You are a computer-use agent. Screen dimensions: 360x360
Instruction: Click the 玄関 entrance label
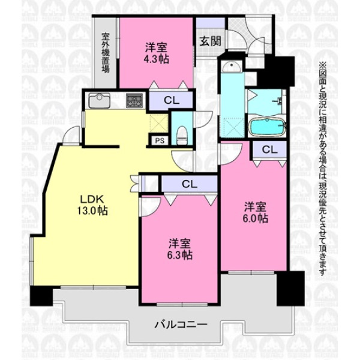coord(211,41)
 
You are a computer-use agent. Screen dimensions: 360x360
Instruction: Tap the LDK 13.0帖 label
coord(92,205)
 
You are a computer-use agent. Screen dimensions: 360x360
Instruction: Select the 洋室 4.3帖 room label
coord(156,53)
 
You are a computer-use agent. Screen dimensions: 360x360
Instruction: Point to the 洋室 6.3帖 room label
coord(179,250)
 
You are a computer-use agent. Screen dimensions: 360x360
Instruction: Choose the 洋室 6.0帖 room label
coord(255,212)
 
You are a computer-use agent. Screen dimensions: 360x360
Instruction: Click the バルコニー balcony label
coord(181,325)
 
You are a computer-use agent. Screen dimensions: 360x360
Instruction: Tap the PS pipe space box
coord(160,140)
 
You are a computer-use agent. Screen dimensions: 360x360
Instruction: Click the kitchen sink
coord(99,100)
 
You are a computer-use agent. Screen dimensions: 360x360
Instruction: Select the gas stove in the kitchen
coord(134,101)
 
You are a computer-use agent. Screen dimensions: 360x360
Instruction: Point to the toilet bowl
coord(182,136)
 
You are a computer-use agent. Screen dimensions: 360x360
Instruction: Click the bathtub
coord(268,127)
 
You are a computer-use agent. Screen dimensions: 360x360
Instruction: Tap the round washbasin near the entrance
coord(232,67)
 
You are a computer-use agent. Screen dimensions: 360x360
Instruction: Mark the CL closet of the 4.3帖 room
coord(171,100)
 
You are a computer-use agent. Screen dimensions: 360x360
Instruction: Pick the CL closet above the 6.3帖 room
coord(190,184)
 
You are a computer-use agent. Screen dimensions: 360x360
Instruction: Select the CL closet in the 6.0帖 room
coord(270,149)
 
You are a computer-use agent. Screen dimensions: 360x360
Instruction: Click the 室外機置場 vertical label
coord(106,53)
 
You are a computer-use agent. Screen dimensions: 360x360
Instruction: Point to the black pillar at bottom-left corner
coord(41,296)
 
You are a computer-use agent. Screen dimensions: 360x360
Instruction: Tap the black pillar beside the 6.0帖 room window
coord(290,289)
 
